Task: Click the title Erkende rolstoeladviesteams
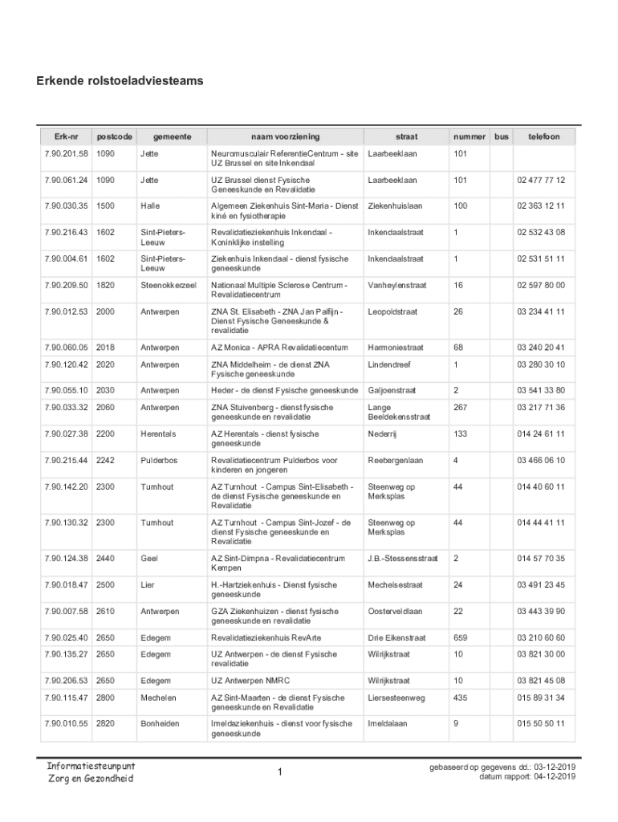(x=120, y=81)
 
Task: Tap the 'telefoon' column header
(x=543, y=136)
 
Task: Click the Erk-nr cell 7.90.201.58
(x=67, y=153)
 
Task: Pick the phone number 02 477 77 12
(x=541, y=180)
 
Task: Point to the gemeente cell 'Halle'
(x=151, y=206)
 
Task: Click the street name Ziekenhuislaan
(x=395, y=206)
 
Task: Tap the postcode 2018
(x=105, y=348)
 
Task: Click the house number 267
(x=460, y=408)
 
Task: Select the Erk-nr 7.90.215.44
(x=67, y=461)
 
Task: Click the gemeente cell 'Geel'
(x=149, y=559)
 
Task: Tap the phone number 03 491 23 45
(x=541, y=585)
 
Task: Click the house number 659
(x=460, y=638)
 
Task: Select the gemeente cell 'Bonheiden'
(x=160, y=724)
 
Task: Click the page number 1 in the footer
(x=280, y=772)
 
